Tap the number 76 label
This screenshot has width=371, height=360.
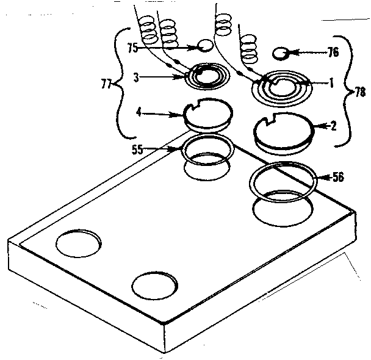pos(333,52)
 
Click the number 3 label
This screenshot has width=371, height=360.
pos(137,77)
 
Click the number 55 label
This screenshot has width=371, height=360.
pos(137,148)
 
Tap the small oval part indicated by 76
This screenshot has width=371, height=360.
pos(281,53)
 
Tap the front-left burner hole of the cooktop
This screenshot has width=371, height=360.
pos(80,242)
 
